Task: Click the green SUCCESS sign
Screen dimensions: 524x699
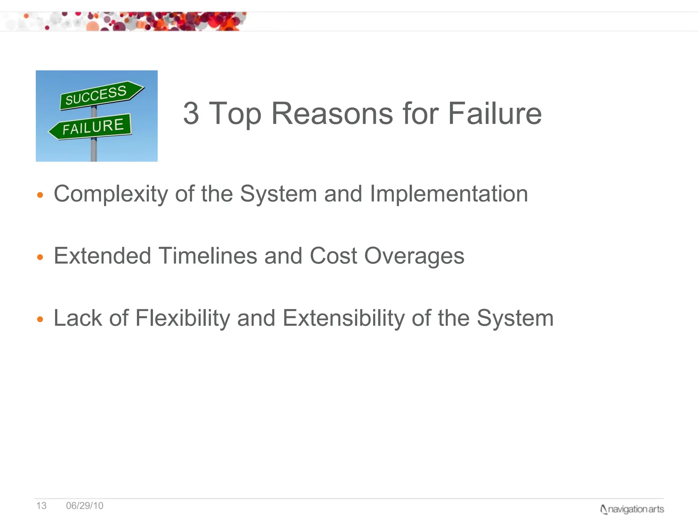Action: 99,95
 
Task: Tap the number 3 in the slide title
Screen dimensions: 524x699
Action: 191,113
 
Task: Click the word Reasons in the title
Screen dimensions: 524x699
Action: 332,113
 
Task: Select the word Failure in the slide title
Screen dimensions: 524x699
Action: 495,113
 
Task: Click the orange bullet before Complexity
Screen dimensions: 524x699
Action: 40,195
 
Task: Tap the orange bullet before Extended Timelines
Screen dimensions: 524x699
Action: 40,257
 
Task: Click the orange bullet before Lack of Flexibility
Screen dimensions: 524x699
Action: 40,319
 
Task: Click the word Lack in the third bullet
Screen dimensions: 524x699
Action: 77,318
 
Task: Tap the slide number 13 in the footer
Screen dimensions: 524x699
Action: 41,506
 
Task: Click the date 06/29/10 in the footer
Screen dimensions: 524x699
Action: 85,506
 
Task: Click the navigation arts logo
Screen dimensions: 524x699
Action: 632,509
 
